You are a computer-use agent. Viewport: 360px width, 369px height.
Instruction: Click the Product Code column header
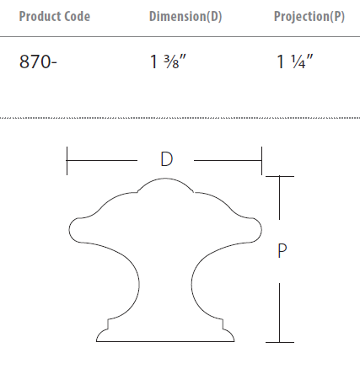click(x=54, y=17)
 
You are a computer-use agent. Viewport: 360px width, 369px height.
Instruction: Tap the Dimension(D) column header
click(x=185, y=17)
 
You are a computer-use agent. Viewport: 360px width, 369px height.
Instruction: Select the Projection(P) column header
click(x=309, y=17)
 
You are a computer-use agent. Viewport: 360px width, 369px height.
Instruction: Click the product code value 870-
click(x=37, y=62)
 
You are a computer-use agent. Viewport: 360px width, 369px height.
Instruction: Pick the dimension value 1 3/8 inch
click(x=169, y=62)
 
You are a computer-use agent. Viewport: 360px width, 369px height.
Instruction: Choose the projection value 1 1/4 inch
click(x=295, y=62)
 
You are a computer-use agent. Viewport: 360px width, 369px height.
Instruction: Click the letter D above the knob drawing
click(x=166, y=159)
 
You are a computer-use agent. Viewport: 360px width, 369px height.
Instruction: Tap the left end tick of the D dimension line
click(x=67, y=159)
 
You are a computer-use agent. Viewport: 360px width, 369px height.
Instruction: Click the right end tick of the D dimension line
click(x=262, y=159)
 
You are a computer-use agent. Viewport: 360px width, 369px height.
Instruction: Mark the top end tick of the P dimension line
click(x=280, y=176)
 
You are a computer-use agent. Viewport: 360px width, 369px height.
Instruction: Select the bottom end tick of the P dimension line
click(x=280, y=342)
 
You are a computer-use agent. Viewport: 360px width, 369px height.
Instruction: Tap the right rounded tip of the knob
click(x=259, y=228)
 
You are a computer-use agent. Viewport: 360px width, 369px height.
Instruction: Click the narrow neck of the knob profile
click(x=165, y=278)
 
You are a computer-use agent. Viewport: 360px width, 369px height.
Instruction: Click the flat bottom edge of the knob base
click(x=165, y=341)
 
